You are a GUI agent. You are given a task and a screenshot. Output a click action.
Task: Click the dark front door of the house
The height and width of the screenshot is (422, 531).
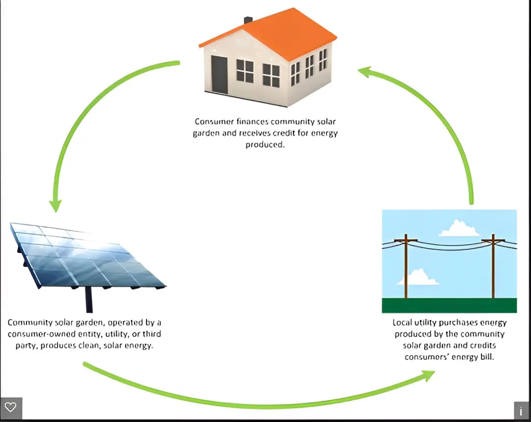[x=219, y=75]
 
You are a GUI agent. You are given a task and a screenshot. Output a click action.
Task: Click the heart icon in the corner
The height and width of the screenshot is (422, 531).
[x=11, y=407]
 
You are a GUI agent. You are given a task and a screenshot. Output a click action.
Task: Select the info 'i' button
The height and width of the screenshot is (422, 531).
[x=521, y=411]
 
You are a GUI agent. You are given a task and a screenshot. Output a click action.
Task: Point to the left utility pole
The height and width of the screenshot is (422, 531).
[x=406, y=266]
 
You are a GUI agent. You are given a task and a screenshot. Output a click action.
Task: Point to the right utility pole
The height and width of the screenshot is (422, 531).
[x=493, y=266]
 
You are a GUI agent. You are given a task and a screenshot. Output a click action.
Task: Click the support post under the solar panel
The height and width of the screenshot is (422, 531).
[x=89, y=300]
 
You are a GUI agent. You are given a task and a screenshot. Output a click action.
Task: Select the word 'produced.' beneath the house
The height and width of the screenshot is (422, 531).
[x=265, y=144]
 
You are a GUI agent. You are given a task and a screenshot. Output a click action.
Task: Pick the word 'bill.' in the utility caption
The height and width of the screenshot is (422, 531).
[x=487, y=357]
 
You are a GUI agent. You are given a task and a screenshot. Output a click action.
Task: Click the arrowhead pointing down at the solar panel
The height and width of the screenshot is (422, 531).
[x=55, y=206]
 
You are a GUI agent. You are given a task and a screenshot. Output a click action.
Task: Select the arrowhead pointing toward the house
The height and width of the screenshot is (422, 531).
[x=364, y=72]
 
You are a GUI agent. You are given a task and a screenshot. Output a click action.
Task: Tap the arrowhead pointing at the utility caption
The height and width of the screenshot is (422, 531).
[x=428, y=376]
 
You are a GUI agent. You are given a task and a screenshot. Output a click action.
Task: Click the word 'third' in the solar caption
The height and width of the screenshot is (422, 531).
[x=152, y=334]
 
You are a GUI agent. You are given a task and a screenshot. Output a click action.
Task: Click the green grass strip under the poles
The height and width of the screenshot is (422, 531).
[x=449, y=305]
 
